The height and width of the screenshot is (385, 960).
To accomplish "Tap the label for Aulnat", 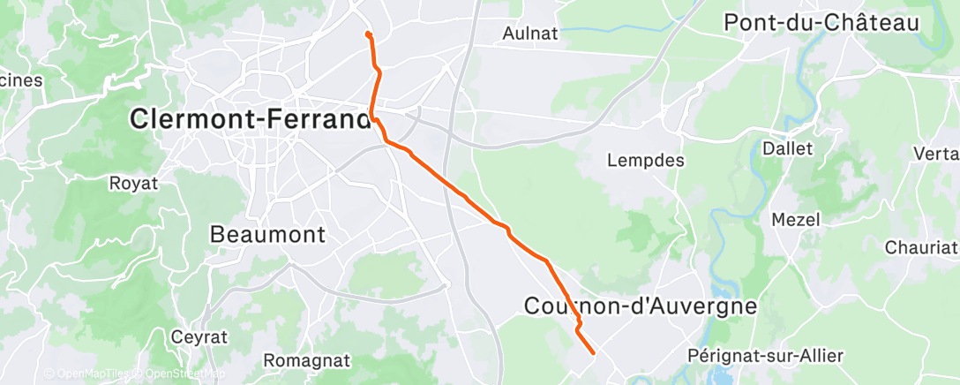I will pyautogui.click(x=529, y=34).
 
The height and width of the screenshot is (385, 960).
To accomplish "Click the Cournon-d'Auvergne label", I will pyautogui.click(x=641, y=306).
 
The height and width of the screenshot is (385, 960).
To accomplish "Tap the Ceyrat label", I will pyautogui.click(x=199, y=337).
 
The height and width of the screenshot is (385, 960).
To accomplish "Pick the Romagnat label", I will pyautogui.click(x=306, y=361).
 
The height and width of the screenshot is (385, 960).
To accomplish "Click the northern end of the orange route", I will pyautogui.click(x=367, y=34).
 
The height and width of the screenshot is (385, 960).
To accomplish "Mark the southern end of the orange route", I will pyautogui.click(x=593, y=353).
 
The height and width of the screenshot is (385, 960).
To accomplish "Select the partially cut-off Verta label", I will pyautogui.click(x=936, y=154).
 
